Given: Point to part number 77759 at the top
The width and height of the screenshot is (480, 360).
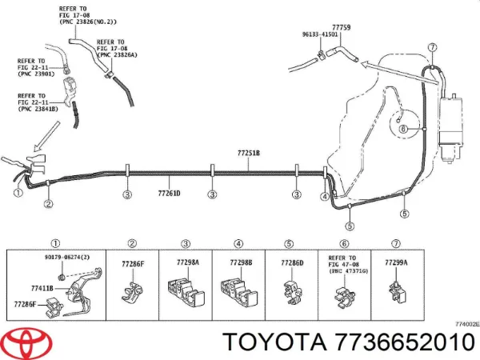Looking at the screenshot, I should [x=342, y=28].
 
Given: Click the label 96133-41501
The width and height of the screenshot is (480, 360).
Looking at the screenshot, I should [x=319, y=34].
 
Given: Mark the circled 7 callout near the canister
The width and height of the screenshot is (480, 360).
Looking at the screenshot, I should [x=433, y=47].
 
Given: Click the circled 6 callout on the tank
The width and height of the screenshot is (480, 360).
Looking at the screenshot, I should [x=403, y=129].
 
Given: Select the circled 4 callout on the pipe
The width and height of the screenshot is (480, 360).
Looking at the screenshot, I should [x=325, y=196].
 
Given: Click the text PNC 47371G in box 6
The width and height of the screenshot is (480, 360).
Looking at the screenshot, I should [x=344, y=273].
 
